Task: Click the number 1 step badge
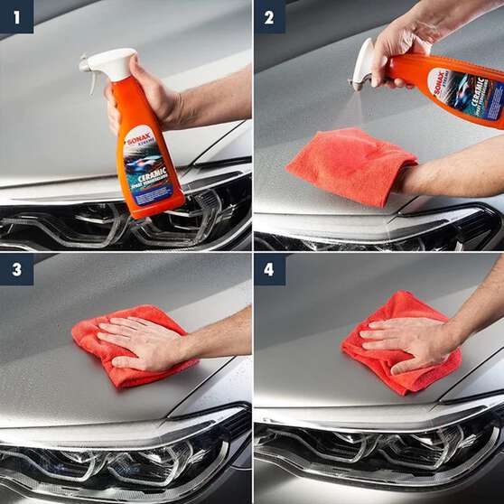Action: tap(16, 16)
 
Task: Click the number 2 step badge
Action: tap(269, 16)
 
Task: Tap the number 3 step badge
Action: tap(16, 269)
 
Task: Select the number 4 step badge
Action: tap(269, 269)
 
